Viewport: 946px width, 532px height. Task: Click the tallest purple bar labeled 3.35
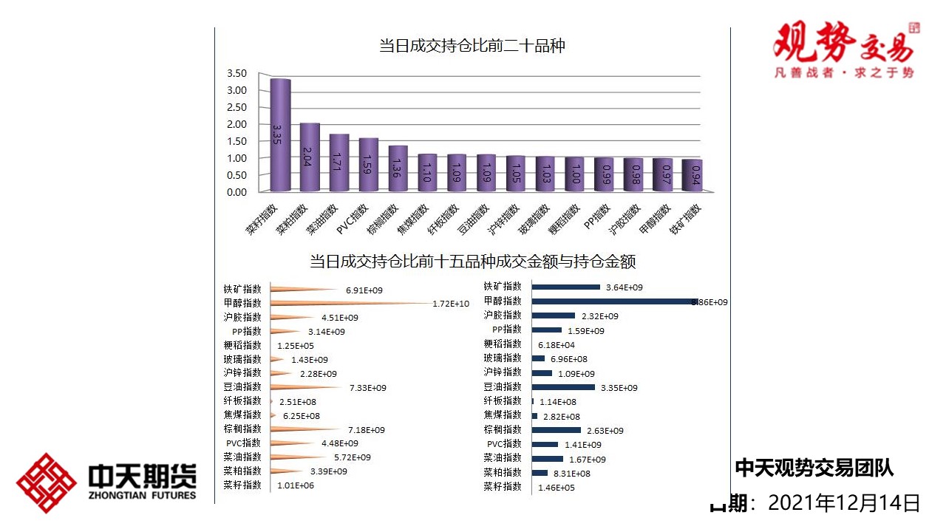[x=279, y=135]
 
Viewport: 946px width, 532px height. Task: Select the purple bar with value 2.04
[x=309, y=157]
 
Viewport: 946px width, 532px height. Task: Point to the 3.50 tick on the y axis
[x=236, y=73]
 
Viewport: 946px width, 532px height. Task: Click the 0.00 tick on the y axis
[x=236, y=192]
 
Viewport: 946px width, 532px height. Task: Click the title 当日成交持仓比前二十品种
[x=472, y=46]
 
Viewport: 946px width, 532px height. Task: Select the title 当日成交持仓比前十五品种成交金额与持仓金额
[x=472, y=262]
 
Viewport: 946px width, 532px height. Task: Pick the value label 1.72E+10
[x=451, y=304]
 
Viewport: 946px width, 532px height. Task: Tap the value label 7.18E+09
[x=366, y=430]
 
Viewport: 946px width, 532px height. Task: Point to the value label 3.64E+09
[x=625, y=287]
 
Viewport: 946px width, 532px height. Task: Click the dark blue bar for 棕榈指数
[x=557, y=430]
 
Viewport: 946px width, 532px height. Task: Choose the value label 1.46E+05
[x=556, y=488]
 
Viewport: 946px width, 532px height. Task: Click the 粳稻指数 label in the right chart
[x=503, y=344]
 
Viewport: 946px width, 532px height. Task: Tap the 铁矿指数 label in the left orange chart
[x=242, y=290]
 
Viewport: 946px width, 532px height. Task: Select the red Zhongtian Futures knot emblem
[x=47, y=483]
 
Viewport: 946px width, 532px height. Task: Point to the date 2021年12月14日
[x=844, y=504]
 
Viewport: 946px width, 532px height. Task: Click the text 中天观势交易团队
[x=814, y=468]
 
